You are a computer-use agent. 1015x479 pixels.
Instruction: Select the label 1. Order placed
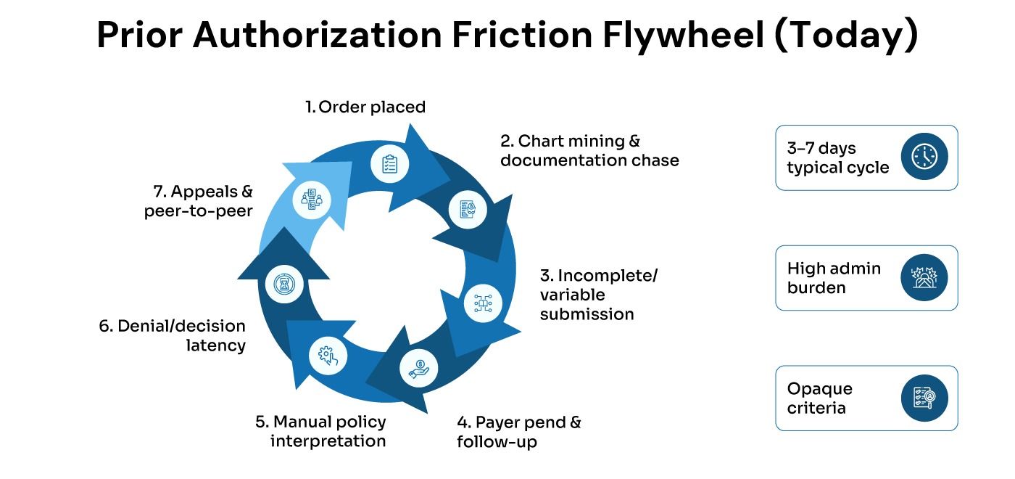[x=365, y=107]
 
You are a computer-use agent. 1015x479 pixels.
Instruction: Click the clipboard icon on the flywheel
[x=390, y=163]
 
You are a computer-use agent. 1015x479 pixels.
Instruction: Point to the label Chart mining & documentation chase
[x=589, y=150]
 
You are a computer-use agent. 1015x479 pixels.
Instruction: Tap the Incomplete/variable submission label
[x=598, y=295]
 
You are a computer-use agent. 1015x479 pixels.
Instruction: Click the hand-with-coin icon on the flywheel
[x=419, y=367]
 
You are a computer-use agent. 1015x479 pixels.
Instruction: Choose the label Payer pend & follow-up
[x=518, y=432]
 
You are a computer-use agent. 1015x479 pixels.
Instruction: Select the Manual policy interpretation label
[x=320, y=431]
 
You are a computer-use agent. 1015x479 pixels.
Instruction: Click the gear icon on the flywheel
[x=328, y=356]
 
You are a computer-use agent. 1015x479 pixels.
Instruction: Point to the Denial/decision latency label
[x=173, y=335]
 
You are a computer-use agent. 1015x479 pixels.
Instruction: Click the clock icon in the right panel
[x=924, y=157]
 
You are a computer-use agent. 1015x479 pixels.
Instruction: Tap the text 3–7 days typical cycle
[x=837, y=157]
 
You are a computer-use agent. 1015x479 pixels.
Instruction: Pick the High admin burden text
[x=834, y=278]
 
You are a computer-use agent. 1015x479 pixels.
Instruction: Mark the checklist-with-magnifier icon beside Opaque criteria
[x=924, y=398]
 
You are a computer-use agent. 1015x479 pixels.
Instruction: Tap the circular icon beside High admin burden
[x=924, y=278]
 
